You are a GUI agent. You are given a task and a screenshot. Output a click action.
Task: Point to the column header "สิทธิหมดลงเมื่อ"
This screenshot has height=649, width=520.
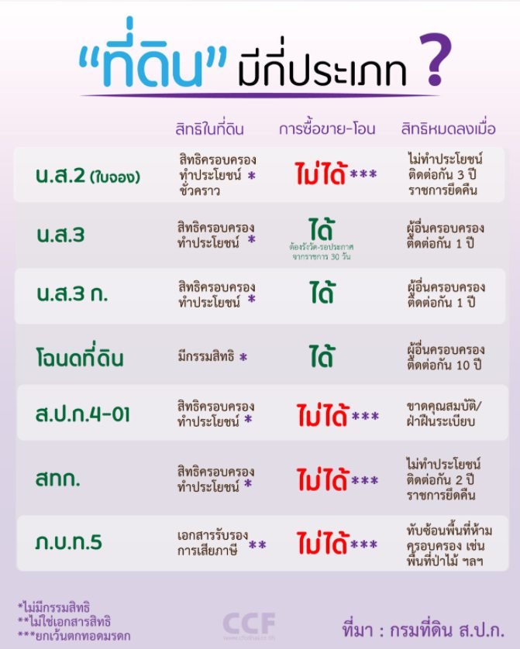tap(449, 129)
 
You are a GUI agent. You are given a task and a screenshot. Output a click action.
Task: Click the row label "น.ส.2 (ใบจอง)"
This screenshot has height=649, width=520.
tap(87, 176)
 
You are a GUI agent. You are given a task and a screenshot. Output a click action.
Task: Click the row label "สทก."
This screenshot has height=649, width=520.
tap(59, 480)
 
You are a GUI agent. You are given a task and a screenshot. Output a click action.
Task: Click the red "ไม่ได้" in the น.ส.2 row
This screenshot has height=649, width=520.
tap(321, 175)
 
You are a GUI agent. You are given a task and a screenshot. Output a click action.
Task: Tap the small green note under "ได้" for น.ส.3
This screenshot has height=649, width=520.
tap(325, 249)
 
